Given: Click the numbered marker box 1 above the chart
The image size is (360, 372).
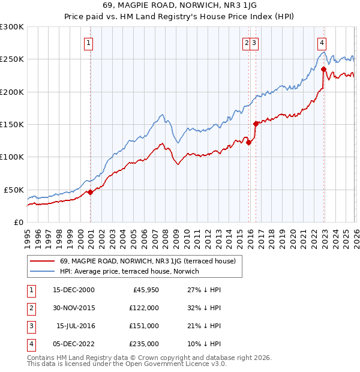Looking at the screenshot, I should [x=89, y=43].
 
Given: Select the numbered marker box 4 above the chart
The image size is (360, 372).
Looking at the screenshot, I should [x=322, y=43].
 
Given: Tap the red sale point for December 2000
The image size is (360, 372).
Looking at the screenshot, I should [x=90, y=192].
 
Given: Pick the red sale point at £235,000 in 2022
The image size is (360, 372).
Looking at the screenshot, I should [x=323, y=69].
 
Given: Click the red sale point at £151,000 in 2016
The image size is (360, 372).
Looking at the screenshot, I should [x=256, y=124].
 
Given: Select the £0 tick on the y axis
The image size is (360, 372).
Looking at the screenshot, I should [x=19, y=222].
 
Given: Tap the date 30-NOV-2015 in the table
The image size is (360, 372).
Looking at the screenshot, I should [x=74, y=307].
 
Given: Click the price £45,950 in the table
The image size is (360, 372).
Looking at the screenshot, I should [x=145, y=290].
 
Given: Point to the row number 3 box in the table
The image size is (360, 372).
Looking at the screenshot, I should [x=30, y=326].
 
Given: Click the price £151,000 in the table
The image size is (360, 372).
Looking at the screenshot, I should [x=145, y=326].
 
